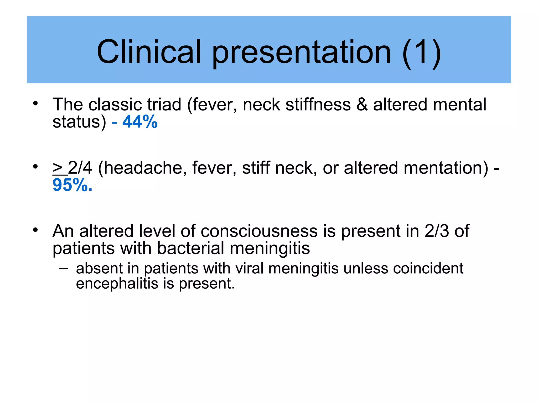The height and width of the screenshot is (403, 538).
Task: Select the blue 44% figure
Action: click(140, 122)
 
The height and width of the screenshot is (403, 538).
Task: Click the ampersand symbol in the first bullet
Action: click(362, 104)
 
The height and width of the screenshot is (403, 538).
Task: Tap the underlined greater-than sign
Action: click(58, 168)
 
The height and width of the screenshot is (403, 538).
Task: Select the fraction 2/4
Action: click(80, 168)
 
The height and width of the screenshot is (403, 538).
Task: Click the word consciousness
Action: click(259, 231)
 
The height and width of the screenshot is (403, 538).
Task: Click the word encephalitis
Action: click(117, 284)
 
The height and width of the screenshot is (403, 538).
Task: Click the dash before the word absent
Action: click(63, 268)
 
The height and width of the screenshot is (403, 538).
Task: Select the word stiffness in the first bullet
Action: click(318, 104)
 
